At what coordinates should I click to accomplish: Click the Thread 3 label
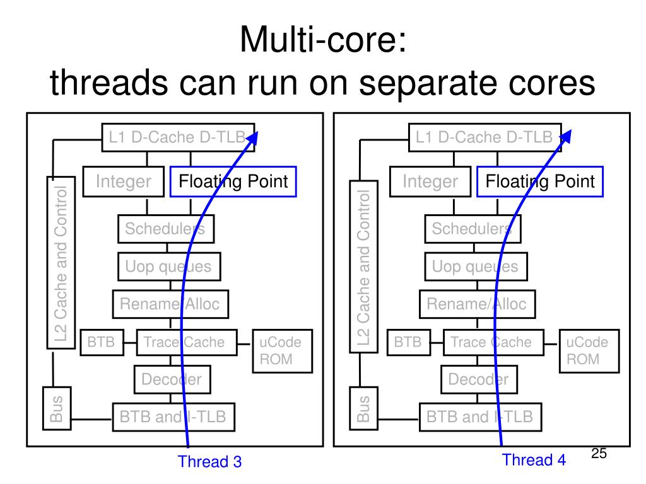pos(209,462)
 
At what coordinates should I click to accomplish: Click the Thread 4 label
pos(534,460)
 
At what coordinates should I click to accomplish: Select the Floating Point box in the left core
pos(233,182)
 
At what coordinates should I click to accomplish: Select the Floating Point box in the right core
pos(539,182)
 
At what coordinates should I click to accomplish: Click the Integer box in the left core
pos(124,182)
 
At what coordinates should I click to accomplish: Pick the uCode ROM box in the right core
pos(587,351)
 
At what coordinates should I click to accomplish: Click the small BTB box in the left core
pos(100,342)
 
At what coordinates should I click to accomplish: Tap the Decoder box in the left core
pos(171,379)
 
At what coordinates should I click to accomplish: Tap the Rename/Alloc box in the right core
pos(476,304)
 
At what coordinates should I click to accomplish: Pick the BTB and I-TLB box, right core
pos(479,417)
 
